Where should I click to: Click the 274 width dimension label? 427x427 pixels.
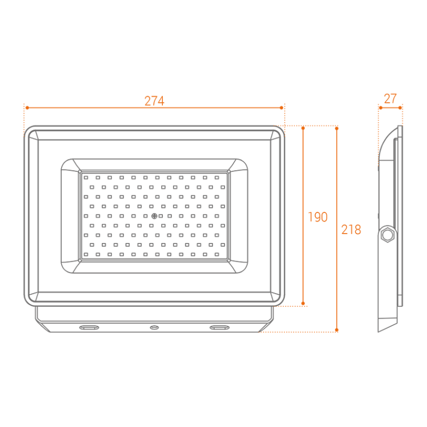(x=154, y=101)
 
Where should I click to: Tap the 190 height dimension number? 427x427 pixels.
(x=317, y=217)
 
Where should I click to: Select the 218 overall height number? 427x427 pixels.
(x=351, y=229)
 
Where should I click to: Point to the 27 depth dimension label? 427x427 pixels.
(x=390, y=99)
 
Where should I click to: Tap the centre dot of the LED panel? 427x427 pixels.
(x=154, y=216)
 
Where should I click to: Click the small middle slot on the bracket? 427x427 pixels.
(x=154, y=327)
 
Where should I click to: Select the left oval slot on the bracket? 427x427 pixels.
(x=89, y=327)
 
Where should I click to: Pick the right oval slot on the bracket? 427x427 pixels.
(x=219, y=327)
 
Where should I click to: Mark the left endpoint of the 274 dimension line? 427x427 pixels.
(x=24, y=107)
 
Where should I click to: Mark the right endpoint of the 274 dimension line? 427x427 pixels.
(x=284, y=107)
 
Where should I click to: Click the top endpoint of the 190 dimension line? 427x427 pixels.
(x=303, y=127)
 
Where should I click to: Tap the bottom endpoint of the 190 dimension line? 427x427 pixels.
(x=303, y=305)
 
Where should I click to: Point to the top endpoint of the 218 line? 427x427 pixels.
(x=336, y=127)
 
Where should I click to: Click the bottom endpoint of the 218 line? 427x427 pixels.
(x=336, y=331)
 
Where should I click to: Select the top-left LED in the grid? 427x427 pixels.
(x=86, y=177)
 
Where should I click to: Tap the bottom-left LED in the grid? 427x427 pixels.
(x=86, y=254)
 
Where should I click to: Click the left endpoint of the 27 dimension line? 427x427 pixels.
(x=379, y=107)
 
